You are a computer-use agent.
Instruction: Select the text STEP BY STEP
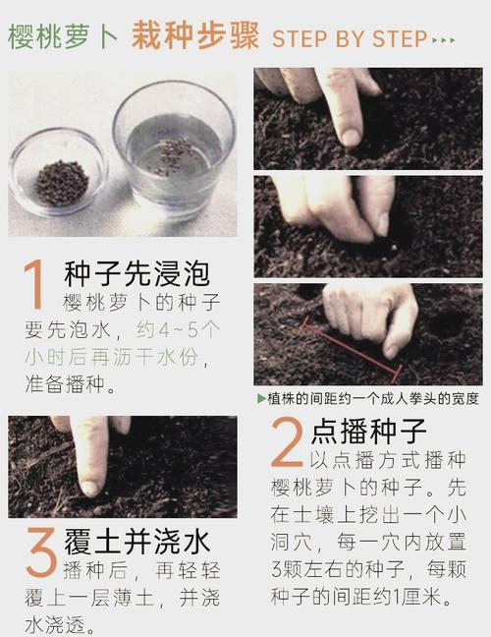tap(350, 39)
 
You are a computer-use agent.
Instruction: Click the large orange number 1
tap(35, 286)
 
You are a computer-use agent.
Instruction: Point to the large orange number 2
tap(287, 445)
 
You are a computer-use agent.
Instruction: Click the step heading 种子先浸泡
tap(136, 272)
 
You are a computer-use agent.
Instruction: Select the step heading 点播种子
tap(368, 432)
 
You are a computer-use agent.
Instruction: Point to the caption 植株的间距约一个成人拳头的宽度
tap(373, 398)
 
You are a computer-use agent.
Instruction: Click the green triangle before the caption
tap(260, 398)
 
